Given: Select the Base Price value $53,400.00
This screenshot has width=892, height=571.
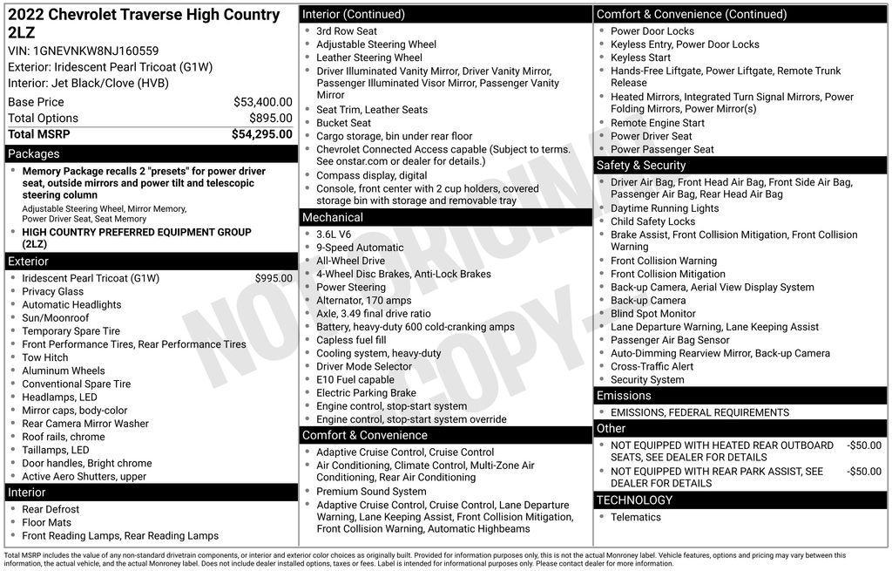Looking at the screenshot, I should tap(262, 102).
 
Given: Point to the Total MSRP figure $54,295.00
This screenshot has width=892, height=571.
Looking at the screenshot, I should tap(261, 134).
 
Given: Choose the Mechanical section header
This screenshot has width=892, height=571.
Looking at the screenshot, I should tap(332, 217).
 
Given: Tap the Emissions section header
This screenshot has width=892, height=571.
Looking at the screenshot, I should tap(624, 396).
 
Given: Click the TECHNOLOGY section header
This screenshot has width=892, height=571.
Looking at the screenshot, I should tap(634, 500).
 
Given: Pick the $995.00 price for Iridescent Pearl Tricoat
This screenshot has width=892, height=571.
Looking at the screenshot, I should tap(274, 278).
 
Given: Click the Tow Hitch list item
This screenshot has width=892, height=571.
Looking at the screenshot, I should tap(45, 357).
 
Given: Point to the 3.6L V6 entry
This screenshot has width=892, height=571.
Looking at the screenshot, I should tap(334, 235).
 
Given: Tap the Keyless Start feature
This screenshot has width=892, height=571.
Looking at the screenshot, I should tap(640, 58).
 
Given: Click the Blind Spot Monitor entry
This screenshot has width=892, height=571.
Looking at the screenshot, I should tap(653, 314).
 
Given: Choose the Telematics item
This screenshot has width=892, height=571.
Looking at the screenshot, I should tap(636, 517).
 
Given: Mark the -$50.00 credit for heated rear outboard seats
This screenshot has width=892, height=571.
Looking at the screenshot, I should tap(863, 445).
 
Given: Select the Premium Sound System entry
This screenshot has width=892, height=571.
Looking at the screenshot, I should tap(371, 492).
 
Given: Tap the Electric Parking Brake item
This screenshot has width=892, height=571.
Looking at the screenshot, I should tap(366, 393).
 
